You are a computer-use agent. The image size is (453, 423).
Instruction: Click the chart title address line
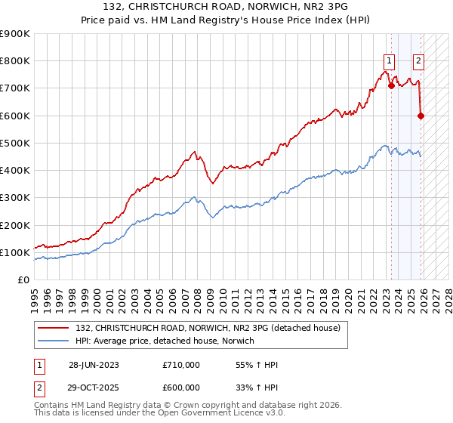point(226,7)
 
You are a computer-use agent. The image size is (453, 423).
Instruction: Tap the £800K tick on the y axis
point(15,61)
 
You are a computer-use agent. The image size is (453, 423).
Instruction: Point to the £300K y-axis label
point(15,198)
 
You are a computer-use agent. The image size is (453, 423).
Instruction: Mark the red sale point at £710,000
point(391,85)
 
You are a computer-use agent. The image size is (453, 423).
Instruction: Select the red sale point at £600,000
point(421,116)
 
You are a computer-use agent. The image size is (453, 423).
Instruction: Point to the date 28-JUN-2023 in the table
point(94,365)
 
